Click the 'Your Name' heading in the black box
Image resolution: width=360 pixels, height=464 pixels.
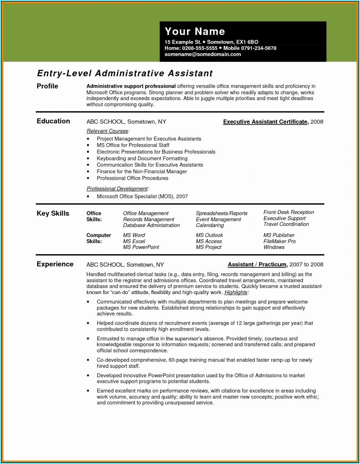point(195,31)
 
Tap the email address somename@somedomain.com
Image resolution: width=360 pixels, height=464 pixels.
point(202,54)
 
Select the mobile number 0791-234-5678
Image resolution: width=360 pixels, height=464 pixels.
point(259,48)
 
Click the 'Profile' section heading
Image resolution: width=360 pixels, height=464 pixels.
point(47,86)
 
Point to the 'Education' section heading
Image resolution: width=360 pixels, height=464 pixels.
point(53,121)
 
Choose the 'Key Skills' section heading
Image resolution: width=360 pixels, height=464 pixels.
point(53,213)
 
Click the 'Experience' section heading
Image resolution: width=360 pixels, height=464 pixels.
point(55,264)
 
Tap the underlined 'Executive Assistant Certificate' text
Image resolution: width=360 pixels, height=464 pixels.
point(265,122)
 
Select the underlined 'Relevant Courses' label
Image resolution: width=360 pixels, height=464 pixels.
point(107,131)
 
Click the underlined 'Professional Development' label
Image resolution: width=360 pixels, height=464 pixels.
point(117,189)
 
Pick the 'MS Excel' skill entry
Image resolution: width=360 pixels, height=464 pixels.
point(134,241)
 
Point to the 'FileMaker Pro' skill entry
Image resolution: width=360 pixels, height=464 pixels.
point(279,241)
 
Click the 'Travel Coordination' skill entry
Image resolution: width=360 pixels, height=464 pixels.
point(286,224)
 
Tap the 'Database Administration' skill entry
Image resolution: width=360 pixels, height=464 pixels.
point(151,225)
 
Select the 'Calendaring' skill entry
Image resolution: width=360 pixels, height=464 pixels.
point(210,225)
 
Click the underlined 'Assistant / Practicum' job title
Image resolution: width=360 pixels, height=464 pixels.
point(257,264)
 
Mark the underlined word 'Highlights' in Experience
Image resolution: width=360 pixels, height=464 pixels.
point(236,292)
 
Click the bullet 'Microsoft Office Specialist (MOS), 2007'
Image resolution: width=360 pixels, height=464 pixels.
point(142,196)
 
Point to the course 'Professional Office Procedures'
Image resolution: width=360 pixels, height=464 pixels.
point(132,178)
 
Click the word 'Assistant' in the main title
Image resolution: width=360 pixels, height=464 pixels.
point(190,73)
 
